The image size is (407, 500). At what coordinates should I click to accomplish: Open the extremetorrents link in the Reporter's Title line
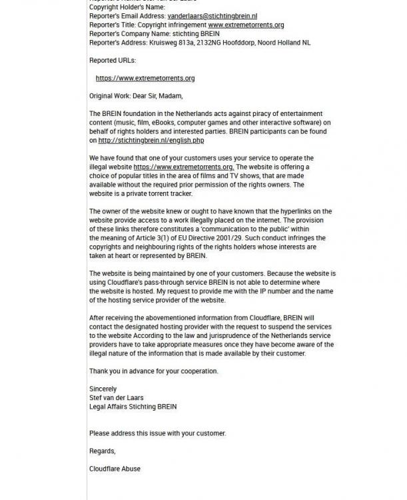click(x=246, y=25)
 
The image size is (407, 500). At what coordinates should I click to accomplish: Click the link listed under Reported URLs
click(x=145, y=78)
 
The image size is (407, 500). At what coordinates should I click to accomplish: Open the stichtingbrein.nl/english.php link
click(x=151, y=140)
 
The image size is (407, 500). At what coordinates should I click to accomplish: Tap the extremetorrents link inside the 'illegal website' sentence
click(x=183, y=167)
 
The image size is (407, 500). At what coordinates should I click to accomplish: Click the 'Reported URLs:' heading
click(x=113, y=60)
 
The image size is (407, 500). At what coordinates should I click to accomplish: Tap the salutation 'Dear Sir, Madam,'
click(x=157, y=96)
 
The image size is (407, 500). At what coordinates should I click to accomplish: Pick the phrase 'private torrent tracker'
click(x=155, y=193)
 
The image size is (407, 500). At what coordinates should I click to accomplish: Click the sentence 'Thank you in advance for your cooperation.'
click(x=154, y=371)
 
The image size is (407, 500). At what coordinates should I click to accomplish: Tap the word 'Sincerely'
click(x=103, y=389)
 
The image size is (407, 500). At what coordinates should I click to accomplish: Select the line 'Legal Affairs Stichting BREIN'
click(x=133, y=407)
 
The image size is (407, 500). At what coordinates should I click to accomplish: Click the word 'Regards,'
click(x=102, y=451)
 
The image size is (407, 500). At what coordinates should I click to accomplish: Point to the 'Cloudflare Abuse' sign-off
click(x=115, y=469)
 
